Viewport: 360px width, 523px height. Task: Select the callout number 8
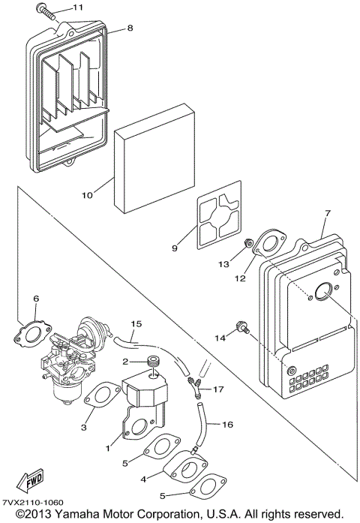tap(130, 29)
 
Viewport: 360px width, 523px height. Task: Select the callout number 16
tap(228, 424)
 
